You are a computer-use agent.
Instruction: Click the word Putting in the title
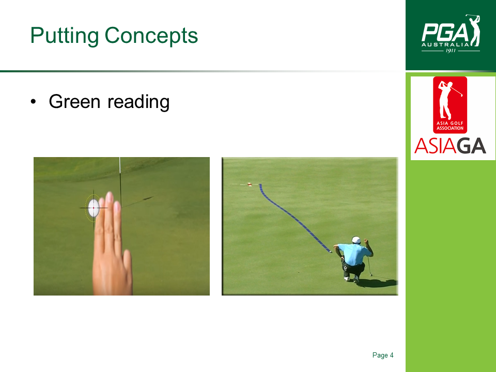coord(65,36)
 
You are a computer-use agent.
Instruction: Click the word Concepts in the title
coord(151,36)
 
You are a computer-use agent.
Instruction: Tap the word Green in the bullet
coord(74,102)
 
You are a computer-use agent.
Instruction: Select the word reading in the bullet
coord(138,102)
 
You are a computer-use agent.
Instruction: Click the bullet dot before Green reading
coord(33,102)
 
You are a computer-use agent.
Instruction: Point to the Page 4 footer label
coord(383,355)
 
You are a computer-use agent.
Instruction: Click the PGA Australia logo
coord(451,34)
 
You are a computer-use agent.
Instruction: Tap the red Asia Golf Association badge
coord(450,105)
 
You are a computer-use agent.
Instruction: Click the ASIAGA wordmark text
coord(450,146)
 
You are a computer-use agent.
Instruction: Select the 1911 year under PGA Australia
coord(451,51)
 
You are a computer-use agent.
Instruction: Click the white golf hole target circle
coord(94,208)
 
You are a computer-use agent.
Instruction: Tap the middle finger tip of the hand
coord(109,196)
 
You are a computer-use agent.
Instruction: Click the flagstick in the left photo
coord(120,182)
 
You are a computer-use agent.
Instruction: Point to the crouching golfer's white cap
coord(356,239)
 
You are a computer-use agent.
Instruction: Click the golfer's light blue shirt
coord(354,254)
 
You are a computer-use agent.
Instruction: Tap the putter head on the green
coord(371,275)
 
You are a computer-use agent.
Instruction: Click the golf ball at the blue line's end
coord(331,252)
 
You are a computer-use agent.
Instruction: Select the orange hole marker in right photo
coord(250,184)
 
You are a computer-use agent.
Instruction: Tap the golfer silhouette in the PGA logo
coord(473,30)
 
